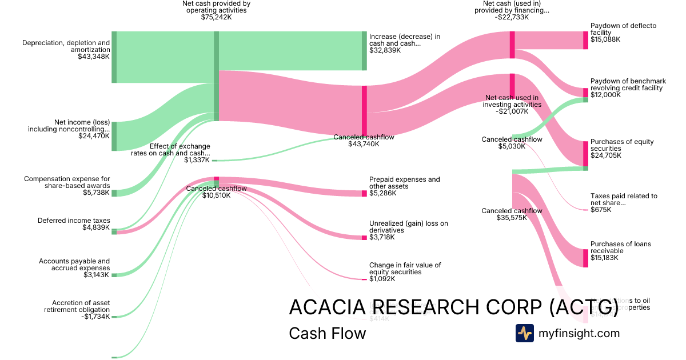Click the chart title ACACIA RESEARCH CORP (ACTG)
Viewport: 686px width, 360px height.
tap(453, 307)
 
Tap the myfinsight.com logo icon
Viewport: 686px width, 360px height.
tap(524, 333)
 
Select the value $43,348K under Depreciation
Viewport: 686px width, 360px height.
tap(93, 57)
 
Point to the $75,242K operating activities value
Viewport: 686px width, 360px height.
tap(216, 18)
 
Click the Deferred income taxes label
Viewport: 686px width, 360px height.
tap(74, 221)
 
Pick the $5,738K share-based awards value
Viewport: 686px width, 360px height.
tap(96, 193)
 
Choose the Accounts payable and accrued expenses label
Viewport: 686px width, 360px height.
tap(74, 265)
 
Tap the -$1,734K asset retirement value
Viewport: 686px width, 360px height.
tap(94, 317)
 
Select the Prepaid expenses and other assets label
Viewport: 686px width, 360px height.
tap(405, 183)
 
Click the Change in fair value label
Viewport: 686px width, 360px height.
tap(405, 269)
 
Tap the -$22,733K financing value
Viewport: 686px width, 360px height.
tap(512, 17)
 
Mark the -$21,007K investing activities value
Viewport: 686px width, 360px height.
tap(512, 111)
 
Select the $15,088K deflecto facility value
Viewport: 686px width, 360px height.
tap(605, 39)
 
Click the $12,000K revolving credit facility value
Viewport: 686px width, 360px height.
tap(605, 95)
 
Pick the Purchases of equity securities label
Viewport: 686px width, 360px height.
tap(622, 145)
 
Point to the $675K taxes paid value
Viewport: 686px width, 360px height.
tap(601, 210)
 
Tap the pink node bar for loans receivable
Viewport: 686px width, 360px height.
tap(585, 258)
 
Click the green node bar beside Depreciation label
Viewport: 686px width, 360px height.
tap(114, 57)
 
